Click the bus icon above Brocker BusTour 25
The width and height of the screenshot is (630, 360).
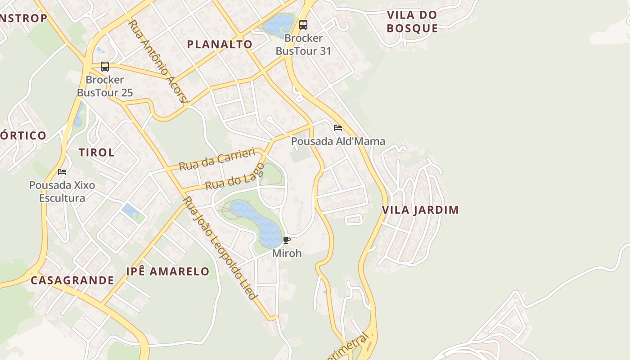click(x=105, y=67)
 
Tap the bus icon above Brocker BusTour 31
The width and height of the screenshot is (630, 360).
click(x=303, y=25)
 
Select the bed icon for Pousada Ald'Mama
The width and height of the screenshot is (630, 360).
click(x=338, y=128)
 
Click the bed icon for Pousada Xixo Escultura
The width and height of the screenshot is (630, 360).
click(x=62, y=172)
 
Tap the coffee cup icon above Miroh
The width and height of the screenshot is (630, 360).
click(x=287, y=240)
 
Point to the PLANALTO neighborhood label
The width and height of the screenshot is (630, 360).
click(x=220, y=44)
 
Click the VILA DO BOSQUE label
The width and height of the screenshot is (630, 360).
click(x=412, y=22)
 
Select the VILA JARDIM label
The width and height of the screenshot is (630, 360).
click(x=420, y=210)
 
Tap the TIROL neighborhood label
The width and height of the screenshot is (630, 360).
click(x=97, y=152)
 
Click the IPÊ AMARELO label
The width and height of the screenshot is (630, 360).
click(x=168, y=271)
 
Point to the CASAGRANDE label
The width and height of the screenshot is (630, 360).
click(x=72, y=280)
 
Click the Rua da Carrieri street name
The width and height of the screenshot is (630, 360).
click(x=217, y=159)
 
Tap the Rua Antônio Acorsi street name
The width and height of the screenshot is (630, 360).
click(x=157, y=61)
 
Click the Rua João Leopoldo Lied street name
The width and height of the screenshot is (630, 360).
click(x=220, y=247)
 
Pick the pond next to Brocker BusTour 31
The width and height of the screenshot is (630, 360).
click(x=278, y=24)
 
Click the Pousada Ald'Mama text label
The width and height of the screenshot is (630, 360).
click(x=338, y=141)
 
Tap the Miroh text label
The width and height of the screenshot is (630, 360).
click(x=287, y=253)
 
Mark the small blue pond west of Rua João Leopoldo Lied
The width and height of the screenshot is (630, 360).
click(x=131, y=211)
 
